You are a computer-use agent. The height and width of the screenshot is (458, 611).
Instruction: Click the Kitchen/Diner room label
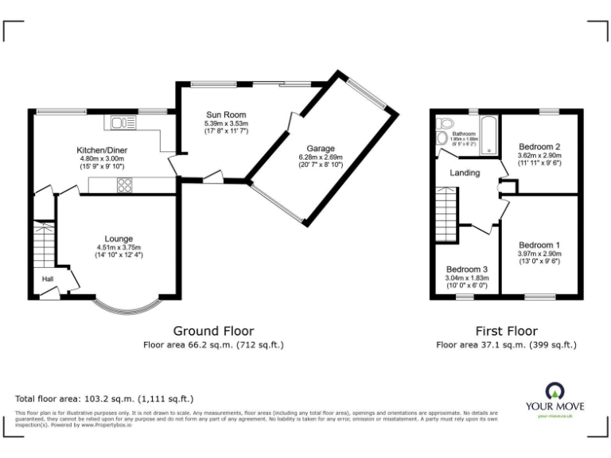point(101,149)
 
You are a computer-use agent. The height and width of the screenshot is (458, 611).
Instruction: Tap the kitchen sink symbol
point(124,122)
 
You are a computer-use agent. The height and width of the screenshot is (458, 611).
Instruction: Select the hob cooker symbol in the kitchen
point(125,184)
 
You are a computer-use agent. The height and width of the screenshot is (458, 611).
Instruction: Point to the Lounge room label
point(119,239)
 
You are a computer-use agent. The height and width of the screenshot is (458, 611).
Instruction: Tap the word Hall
point(49,279)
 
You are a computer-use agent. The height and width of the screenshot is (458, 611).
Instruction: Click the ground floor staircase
point(43,243)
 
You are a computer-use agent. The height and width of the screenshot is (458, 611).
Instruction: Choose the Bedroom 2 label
point(540,147)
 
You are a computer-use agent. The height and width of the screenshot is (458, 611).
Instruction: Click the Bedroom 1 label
point(539,245)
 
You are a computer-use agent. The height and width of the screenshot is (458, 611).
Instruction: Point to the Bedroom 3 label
point(467,270)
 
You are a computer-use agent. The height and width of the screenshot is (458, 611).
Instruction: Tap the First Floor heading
point(506,331)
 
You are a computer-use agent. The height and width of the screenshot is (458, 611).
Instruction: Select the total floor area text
point(104,398)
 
